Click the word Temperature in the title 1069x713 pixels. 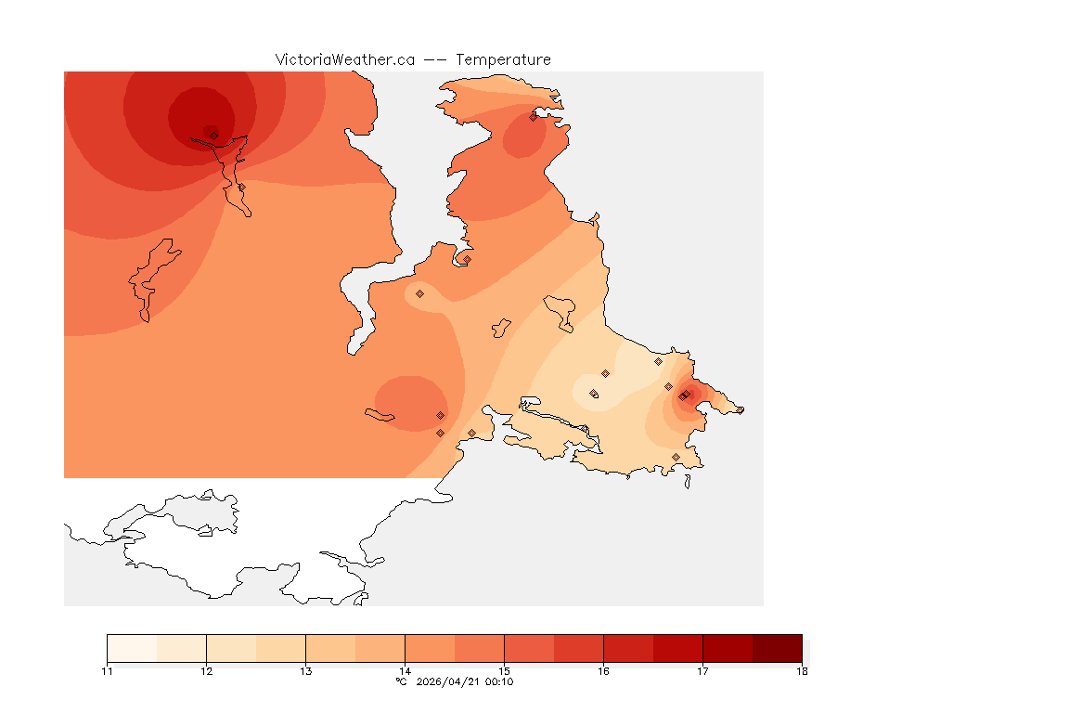(503, 59)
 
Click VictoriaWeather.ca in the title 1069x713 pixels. (344, 59)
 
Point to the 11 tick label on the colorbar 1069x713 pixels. (108, 671)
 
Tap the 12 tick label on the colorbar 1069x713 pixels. (206, 671)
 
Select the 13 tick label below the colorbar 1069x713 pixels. (305, 671)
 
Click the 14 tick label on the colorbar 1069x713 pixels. (405, 671)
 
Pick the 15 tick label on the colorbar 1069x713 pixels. (504, 671)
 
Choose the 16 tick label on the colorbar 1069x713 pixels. (603, 671)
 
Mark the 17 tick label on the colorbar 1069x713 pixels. (702, 671)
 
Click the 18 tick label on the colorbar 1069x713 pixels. (801, 671)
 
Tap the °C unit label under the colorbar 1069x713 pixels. (401, 681)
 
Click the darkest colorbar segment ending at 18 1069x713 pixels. (777, 648)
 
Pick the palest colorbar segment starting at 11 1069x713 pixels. (132, 648)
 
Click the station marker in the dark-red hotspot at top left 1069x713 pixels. (213, 135)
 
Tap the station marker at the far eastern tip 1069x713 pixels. (740, 409)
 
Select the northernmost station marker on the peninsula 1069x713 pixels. (533, 117)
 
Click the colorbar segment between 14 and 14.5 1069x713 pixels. (430, 648)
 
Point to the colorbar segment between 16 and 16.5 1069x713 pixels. (628, 648)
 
